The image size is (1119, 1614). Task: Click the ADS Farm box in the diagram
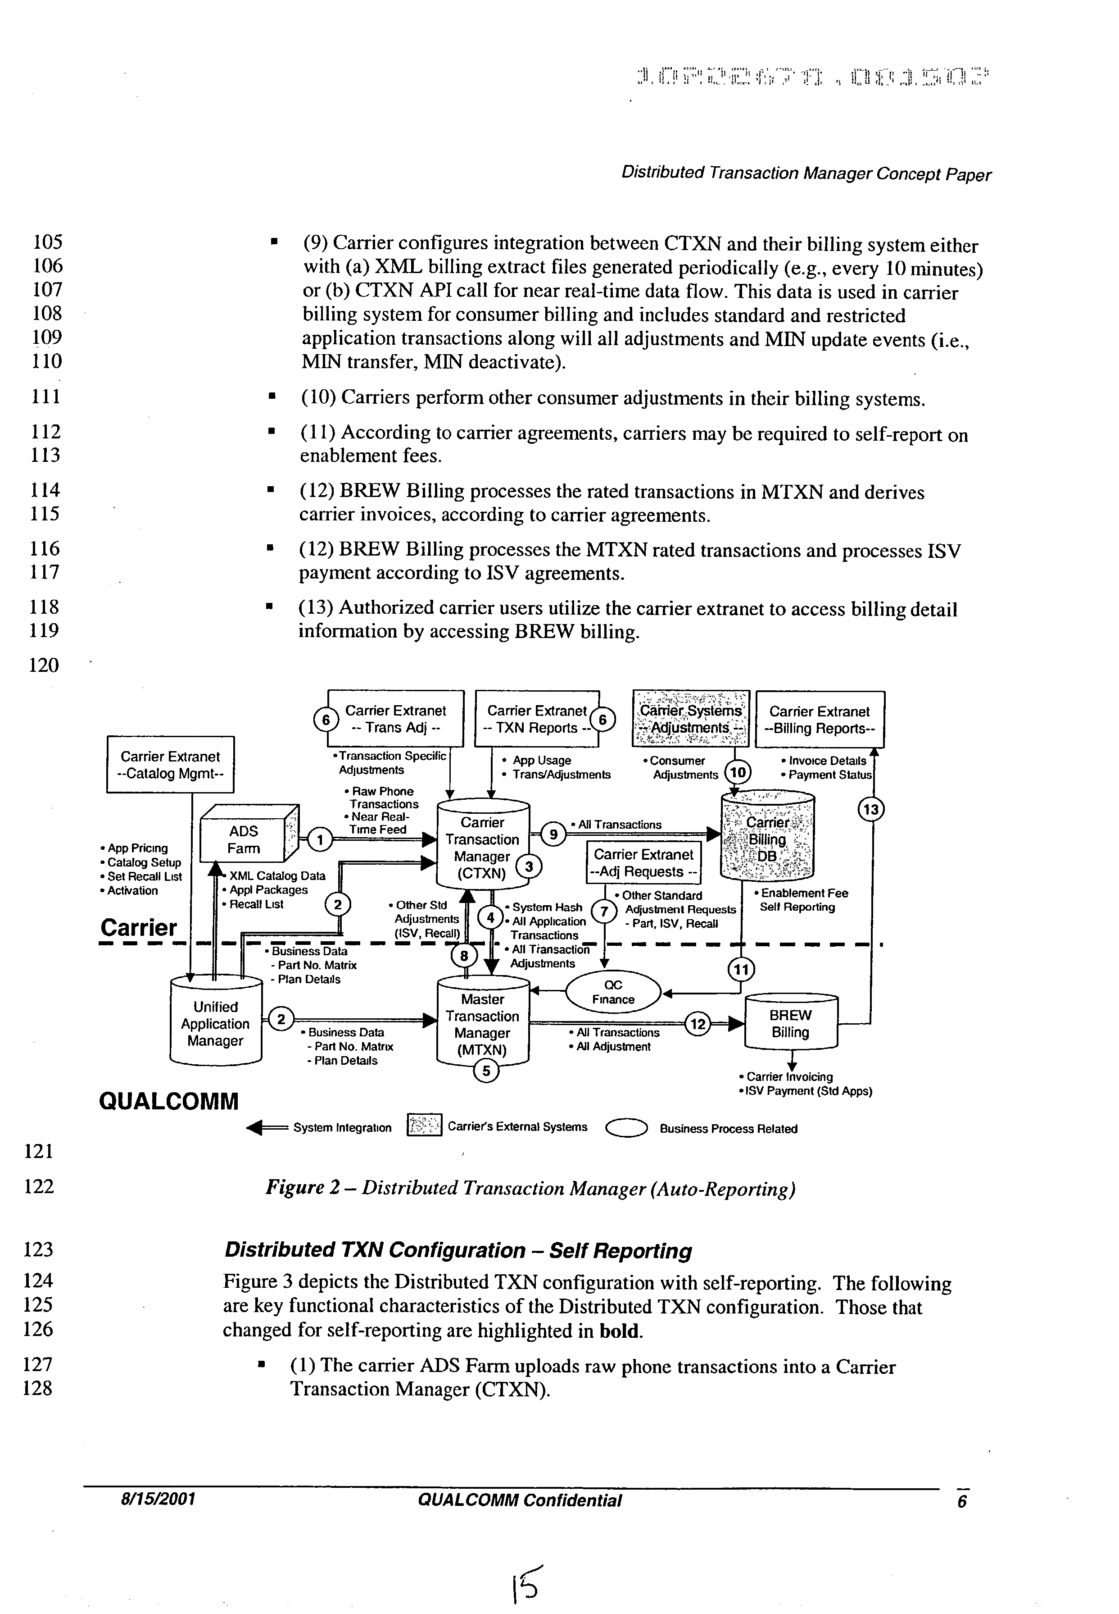coord(244,839)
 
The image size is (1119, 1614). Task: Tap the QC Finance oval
coord(613,993)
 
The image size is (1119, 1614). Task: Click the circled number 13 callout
coord(871,809)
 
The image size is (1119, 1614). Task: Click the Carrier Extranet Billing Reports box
coord(819,720)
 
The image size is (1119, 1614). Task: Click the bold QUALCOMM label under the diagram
coord(169,1100)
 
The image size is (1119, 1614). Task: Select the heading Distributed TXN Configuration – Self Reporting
coord(457,1250)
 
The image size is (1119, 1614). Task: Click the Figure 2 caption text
coord(530,1188)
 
